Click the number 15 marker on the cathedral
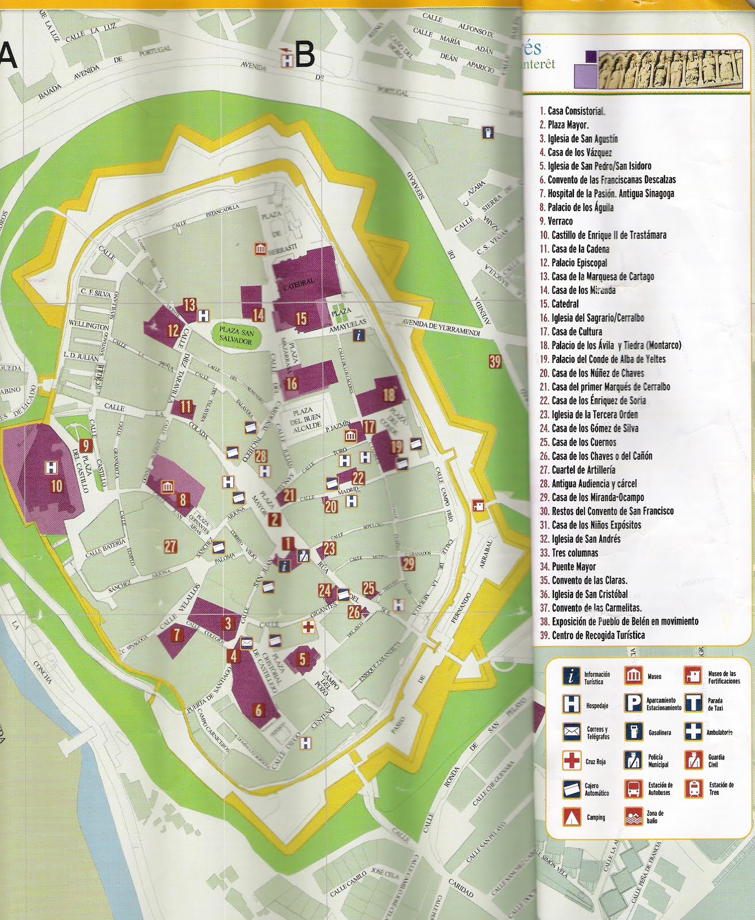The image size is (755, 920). click(x=301, y=318)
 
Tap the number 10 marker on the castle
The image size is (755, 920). click(x=56, y=486)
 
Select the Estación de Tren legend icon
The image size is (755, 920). click(x=693, y=788)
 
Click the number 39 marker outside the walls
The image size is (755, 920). click(x=495, y=362)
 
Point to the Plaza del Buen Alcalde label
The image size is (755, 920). click(x=307, y=423)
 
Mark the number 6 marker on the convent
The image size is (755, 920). click(x=258, y=711)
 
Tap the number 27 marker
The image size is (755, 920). click(x=171, y=547)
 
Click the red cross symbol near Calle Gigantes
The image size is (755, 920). click(x=309, y=627)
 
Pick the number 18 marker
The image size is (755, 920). click(x=389, y=394)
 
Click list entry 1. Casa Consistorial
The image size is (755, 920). click(x=572, y=111)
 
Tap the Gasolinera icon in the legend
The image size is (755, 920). click(x=633, y=732)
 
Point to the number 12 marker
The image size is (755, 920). click(x=173, y=330)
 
